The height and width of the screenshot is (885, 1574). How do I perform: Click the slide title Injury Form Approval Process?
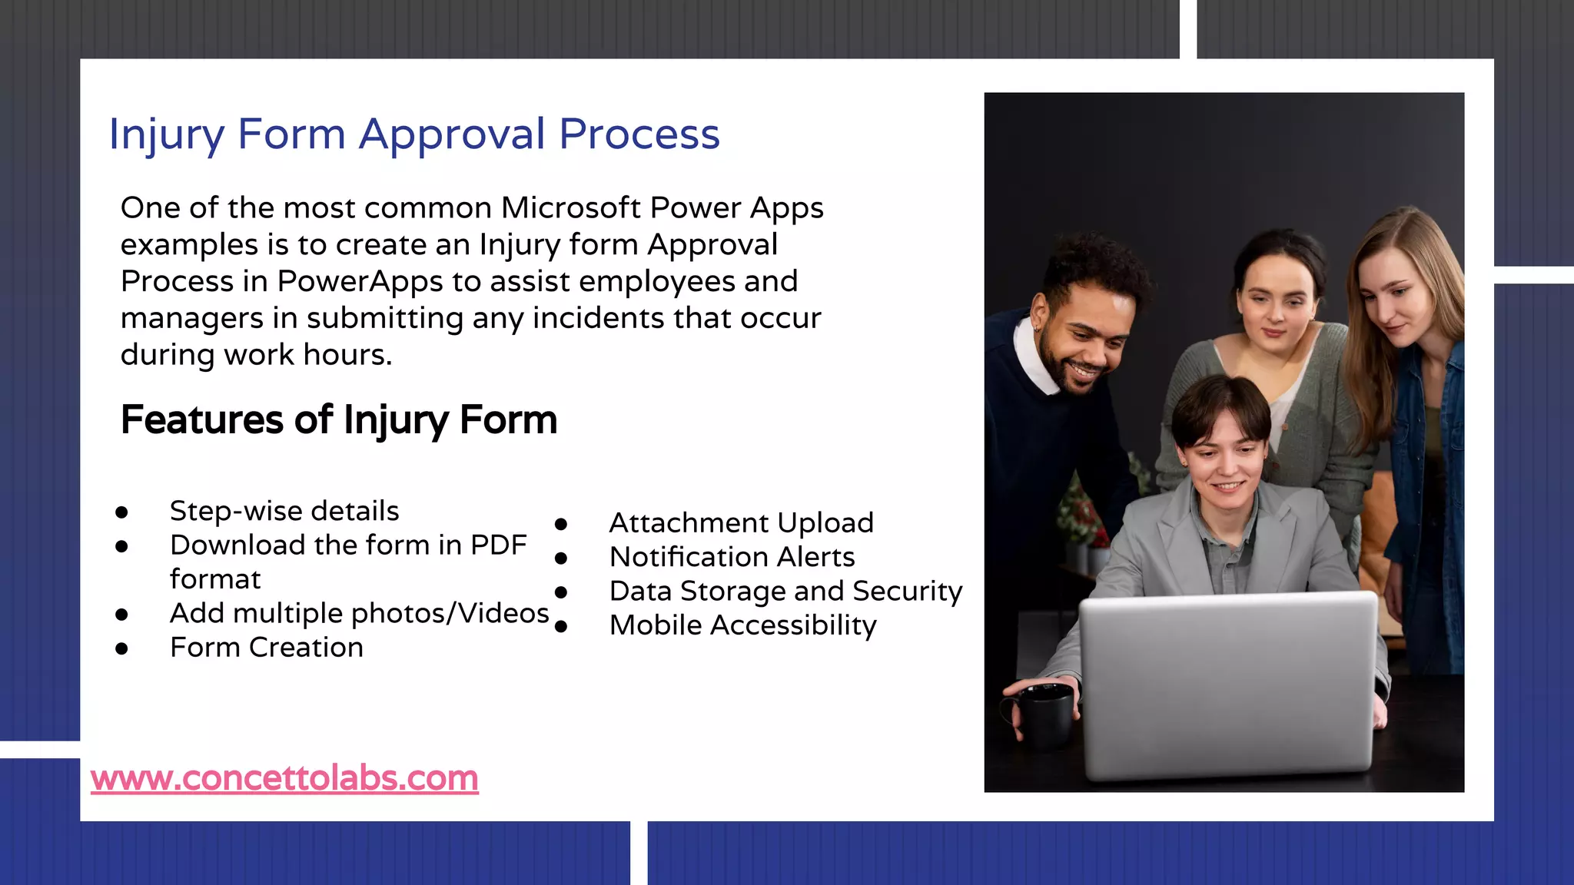tap(414, 134)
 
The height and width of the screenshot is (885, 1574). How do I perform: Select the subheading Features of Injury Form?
tap(339, 420)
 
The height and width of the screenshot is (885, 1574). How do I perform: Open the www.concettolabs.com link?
tap(284, 778)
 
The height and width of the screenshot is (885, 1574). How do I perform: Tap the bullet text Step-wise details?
tap(284, 511)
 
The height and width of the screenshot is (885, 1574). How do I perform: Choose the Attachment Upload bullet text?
tap(741, 523)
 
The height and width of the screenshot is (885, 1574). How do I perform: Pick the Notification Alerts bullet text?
tap(732, 557)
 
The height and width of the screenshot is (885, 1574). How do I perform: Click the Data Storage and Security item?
tap(785, 592)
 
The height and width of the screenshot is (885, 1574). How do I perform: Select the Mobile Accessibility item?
tap(742, 625)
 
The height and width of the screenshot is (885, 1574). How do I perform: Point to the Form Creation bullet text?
tap(266, 648)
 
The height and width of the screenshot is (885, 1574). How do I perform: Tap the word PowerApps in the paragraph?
tap(360, 282)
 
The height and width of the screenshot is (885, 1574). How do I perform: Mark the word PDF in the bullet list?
tap(498, 545)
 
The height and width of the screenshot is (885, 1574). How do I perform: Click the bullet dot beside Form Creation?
tap(121, 649)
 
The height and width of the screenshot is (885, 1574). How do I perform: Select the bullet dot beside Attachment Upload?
tap(561, 525)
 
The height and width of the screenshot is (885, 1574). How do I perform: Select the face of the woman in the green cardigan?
tap(1276, 303)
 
